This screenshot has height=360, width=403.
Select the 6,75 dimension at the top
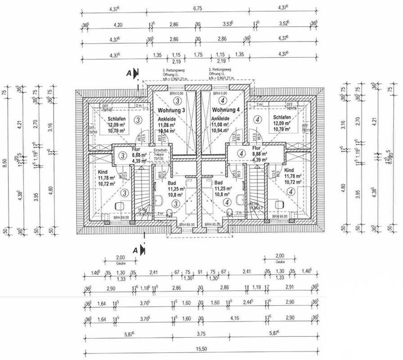point(198,8)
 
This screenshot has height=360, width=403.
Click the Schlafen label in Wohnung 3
point(116,119)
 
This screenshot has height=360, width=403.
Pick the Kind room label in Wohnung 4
point(289,171)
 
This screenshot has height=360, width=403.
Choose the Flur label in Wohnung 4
point(257,148)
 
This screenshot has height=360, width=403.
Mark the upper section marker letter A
point(129,72)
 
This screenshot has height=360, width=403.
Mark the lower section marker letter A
point(135,249)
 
